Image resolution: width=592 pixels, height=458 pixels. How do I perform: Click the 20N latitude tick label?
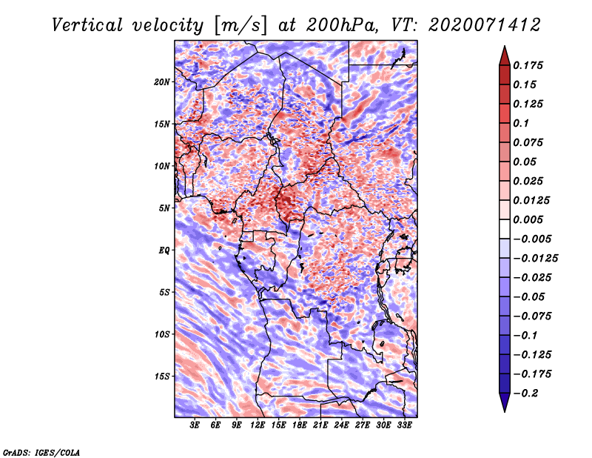161,82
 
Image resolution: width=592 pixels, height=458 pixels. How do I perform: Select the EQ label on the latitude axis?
164,250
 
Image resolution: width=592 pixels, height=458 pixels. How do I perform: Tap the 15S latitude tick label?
162,376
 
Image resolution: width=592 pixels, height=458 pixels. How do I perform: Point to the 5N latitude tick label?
164,208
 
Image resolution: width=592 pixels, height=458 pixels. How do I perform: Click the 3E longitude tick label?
195,425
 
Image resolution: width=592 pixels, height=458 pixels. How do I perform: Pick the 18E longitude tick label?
300,425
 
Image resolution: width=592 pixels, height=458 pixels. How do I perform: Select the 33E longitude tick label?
404,425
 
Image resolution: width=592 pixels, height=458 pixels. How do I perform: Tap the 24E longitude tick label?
341,425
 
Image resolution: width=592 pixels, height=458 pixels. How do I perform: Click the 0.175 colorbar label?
528,65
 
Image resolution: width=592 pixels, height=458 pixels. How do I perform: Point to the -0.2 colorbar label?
526,394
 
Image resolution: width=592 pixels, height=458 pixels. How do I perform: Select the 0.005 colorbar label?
528,219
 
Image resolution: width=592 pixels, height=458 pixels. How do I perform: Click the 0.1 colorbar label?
522,123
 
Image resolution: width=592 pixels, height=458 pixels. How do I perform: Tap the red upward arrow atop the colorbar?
505,56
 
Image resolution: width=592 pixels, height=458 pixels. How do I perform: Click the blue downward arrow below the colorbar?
505,402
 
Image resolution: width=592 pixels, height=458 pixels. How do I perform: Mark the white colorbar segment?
505,229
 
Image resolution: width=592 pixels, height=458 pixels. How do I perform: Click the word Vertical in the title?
87,25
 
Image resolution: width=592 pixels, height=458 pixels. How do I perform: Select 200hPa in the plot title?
342,25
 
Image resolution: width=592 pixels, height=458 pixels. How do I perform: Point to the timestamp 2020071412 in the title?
485,25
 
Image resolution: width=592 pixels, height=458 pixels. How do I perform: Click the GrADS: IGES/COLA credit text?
41,452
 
